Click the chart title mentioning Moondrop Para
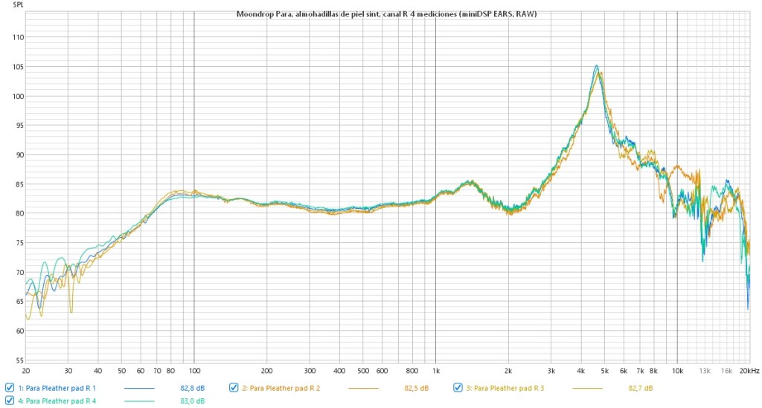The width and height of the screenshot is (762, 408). coord(386,14)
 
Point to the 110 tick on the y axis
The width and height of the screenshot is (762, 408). coord(14,37)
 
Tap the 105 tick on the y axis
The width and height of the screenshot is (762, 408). coord(14,67)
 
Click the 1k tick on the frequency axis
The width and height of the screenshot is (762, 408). coord(436,370)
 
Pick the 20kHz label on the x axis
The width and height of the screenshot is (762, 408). coord(749,370)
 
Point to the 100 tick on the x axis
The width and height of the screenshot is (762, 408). coord(194,370)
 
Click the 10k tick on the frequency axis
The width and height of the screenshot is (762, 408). coord(677,370)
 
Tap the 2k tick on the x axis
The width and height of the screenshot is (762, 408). coord(509,370)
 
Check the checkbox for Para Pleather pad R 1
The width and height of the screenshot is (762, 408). coord(9,388)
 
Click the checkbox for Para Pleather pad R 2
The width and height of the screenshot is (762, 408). coord(234,388)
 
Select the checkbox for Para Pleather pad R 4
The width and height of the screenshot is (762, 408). coord(9,401)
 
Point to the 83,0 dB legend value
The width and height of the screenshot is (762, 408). coord(193,402)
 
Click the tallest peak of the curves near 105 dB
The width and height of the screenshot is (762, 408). coord(596,66)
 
